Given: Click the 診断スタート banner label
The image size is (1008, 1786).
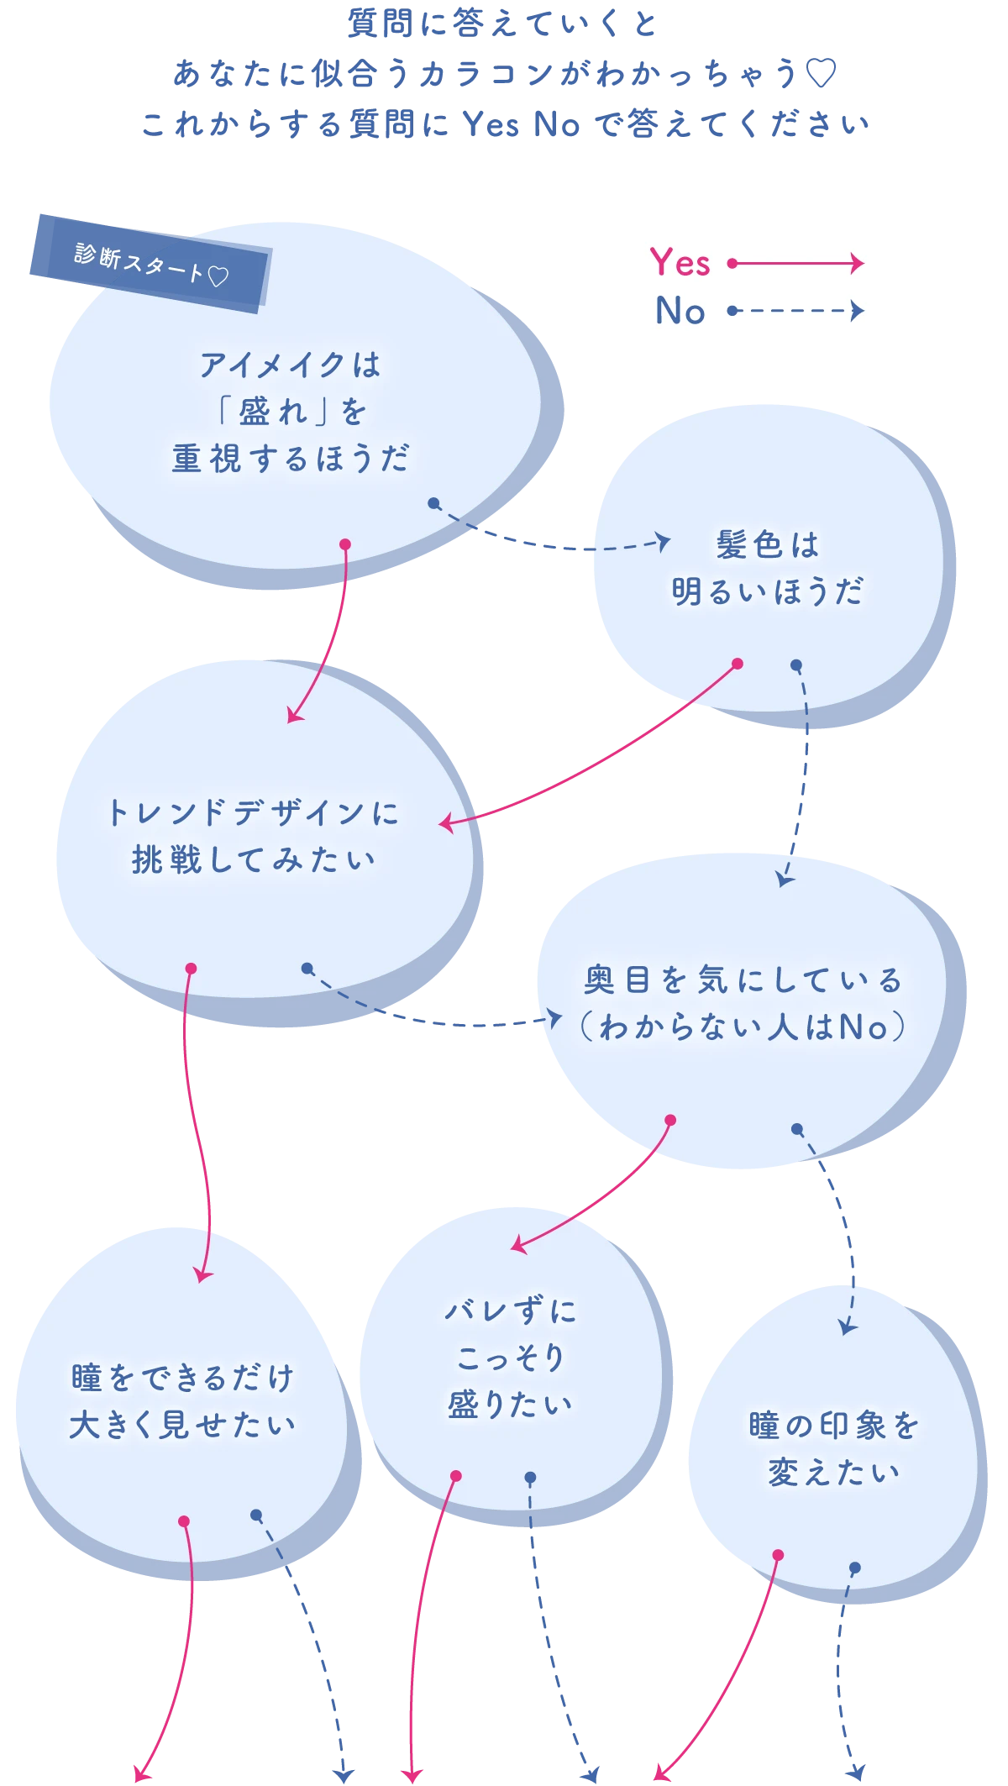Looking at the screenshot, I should click(x=150, y=264).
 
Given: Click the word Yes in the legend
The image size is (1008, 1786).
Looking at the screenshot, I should click(x=680, y=263).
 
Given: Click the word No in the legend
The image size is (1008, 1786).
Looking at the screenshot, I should click(x=680, y=311).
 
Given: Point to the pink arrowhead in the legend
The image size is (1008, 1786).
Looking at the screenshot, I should click(x=857, y=263).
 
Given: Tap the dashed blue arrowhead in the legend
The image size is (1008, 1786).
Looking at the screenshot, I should click(x=857, y=311).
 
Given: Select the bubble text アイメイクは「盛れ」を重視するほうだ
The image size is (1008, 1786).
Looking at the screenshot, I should click(x=290, y=412).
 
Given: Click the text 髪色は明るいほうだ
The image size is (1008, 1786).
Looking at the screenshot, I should click(x=767, y=568).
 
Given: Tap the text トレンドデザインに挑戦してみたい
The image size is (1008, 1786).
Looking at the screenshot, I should click(x=253, y=836).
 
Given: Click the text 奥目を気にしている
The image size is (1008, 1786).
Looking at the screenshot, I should click(x=743, y=980).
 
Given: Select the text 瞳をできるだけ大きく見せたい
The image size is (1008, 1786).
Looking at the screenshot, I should click(x=182, y=1401).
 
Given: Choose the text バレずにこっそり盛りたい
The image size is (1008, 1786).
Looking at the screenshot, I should click(x=510, y=1357).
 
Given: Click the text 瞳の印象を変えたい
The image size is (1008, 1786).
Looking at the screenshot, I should click(x=834, y=1448).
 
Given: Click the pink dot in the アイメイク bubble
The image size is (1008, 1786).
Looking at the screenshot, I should click(x=344, y=544).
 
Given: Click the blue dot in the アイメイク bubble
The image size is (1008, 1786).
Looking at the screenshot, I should click(x=433, y=503).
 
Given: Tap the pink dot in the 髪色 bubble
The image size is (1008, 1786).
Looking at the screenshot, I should click(x=738, y=664).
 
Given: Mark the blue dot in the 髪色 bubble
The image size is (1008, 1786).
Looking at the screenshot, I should click(x=796, y=665).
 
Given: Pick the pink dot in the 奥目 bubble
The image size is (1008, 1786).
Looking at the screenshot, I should click(x=670, y=1120).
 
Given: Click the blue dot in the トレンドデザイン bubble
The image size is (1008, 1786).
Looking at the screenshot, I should click(x=307, y=969).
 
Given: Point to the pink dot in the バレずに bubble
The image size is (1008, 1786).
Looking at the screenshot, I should click(x=456, y=1476).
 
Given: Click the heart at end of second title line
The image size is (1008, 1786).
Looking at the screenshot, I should click(x=822, y=75).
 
